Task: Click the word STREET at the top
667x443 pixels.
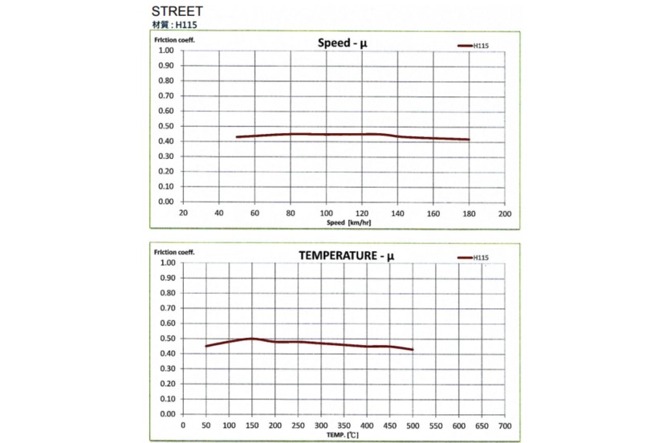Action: click(177, 12)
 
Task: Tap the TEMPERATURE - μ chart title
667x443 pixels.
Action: click(346, 256)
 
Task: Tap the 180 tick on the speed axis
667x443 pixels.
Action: click(469, 213)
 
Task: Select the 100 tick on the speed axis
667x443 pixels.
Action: click(326, 213)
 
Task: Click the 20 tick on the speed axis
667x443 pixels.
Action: click(183, 213)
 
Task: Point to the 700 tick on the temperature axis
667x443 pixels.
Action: click(504, 426)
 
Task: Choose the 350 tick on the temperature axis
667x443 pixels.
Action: click(344, 426)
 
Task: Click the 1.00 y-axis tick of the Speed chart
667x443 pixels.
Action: click(166, 50)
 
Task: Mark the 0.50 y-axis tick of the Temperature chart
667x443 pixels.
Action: click(166, 339)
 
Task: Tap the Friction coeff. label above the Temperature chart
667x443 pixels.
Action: click(173, 252)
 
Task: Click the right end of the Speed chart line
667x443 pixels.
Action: click(469, 140)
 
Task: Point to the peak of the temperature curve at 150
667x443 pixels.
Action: click(252, 338)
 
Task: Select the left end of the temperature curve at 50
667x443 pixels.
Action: click(206, 346)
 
